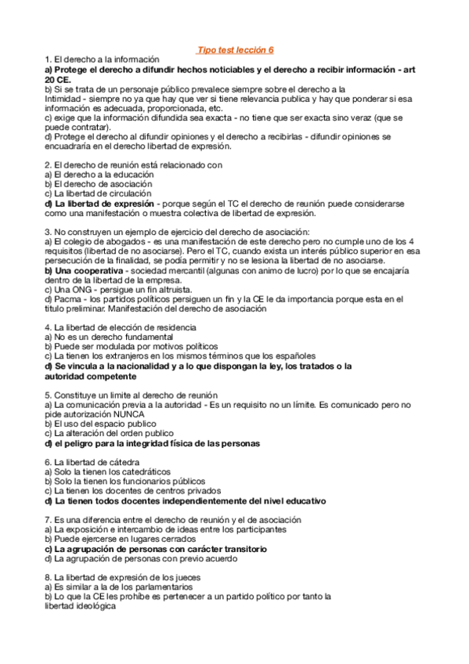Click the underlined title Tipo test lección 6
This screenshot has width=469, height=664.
click(x=234, y=49)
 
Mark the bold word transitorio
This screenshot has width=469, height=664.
click(x=236, y=548)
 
